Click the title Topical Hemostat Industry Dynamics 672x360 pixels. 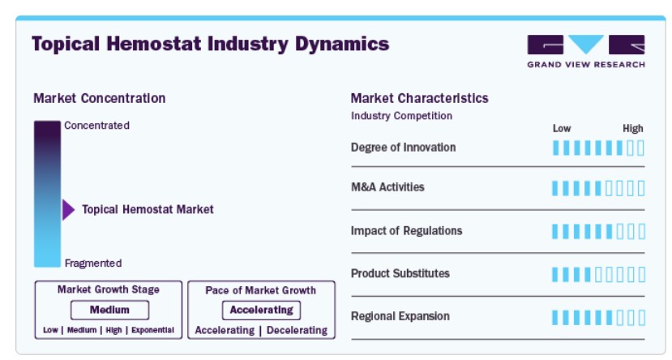click(x=210, y=44)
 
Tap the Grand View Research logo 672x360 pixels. click(x=585, y=51)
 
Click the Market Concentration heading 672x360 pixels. click(x=99, y=98)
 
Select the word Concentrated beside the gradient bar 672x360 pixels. click(x=96, y=126)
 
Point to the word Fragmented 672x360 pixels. click(x=93, y=263)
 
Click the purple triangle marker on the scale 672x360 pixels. click(x=68, y=210)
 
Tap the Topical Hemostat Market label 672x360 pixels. click(x=148, y=209)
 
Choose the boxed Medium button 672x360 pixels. click(x=109, y=310)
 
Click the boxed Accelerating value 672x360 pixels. click(x=261, y=310)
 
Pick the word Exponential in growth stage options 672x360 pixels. click(x=152, y=330)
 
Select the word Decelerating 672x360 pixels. click(x=297, y=330)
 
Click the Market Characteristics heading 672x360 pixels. click(x=419, y=98)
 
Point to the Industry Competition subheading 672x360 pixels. click(x=401, y=116)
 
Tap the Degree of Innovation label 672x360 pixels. click(x=403, y=148)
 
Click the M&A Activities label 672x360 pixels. click(x=387, y=187)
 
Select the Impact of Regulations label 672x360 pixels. click(x=406, y=231)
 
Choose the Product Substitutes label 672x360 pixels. click(x=400, y=273)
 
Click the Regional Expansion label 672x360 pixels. click(x=400, y=316)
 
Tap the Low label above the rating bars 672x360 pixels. click(x=562, y=128)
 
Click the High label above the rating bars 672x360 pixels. click(x=633, y=128)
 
